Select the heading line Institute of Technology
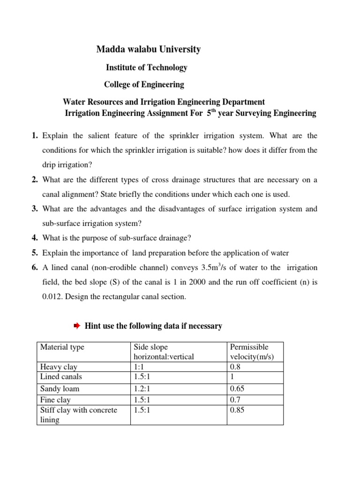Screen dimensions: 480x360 [x=146, y=67]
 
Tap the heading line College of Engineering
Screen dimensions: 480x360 [x=144, y=85]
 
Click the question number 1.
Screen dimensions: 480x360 [x=35, y=136]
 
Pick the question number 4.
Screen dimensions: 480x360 [x=35, y=238]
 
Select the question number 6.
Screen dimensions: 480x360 [x=35, y=267]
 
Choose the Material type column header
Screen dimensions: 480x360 [x=62, y=347]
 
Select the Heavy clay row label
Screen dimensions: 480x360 [x=59, y=367]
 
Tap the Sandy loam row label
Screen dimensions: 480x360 [x=60, y=389]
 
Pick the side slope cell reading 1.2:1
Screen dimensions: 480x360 [x=143, y=389]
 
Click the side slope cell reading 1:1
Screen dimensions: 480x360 [x=139, y=367]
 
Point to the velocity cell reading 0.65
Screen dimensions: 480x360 [x=238, y=389]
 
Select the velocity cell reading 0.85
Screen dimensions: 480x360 [x=238, y=410]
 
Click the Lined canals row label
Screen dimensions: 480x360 [x=61, y=376]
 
